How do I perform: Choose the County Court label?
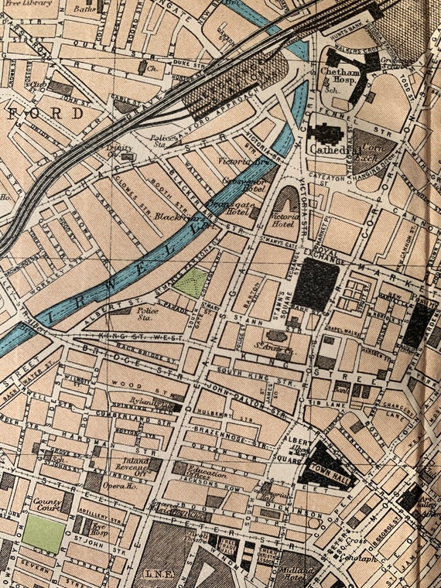[47, 505]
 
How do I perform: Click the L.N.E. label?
[156, 573]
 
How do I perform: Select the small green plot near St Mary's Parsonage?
[190, 283]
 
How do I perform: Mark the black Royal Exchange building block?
[315, 284]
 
